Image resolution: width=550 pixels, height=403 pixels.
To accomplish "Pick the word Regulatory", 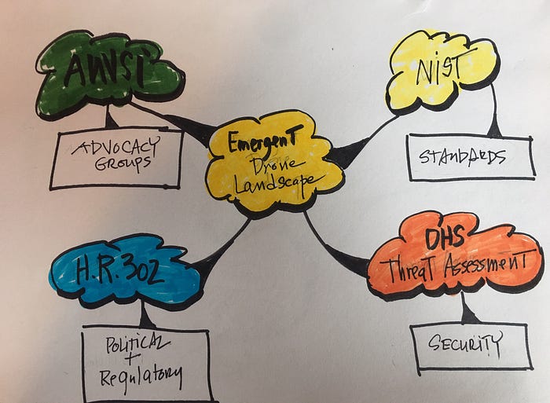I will [x=141, y=375].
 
